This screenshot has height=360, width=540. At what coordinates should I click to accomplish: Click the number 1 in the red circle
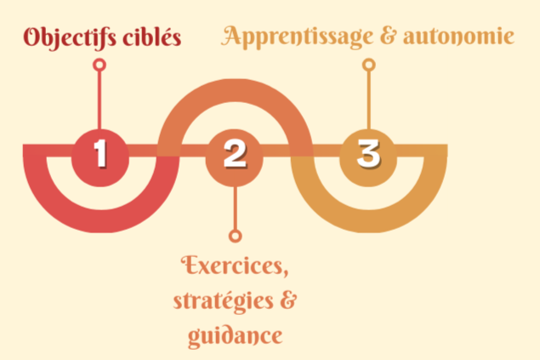tap(100, 154)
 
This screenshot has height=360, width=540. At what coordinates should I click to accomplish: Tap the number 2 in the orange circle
tap(235, 154)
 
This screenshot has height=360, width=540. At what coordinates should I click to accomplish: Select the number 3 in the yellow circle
tap(368, 154)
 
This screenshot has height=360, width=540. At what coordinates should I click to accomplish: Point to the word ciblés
tap(151, 38)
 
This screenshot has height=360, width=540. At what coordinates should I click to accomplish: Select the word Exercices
tap(235, 266)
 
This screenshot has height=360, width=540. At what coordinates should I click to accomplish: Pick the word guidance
tap(236, 334)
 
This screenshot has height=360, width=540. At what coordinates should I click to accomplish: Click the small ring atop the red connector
tap(100, 65)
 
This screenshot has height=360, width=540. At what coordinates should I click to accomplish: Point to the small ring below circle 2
tap(235, 236)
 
